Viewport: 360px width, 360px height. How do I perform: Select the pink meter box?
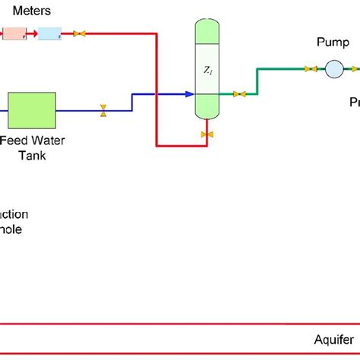(14, 33)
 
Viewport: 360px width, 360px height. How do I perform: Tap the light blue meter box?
(49, 33)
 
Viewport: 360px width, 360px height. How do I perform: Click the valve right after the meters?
(78, 33)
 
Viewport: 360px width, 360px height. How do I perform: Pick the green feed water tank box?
(31, 110)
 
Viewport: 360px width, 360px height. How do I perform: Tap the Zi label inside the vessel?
(207, 69)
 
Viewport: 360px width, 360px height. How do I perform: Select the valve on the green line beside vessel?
(239, 94)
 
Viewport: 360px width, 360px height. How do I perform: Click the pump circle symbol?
(333, 69)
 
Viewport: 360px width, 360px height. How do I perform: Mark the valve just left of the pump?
(311, 69)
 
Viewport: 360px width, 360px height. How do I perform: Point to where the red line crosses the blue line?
(156, 94)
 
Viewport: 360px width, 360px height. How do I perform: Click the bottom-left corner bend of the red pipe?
(156, 144)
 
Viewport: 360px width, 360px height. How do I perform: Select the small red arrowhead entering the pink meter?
(25, 33)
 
